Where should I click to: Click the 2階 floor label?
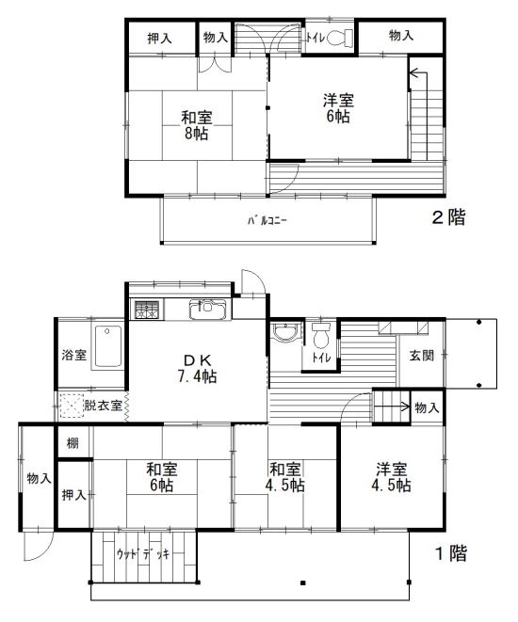(x=448, y=217)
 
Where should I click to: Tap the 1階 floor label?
(x=452, y=553)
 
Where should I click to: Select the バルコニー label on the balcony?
(x=267, y=220)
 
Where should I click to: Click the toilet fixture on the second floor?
(x=341, y=38)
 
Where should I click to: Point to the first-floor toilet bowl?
(x=321, y=336)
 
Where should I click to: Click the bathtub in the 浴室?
(x=107, y=347)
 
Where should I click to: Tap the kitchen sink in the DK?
(x=207, y=310)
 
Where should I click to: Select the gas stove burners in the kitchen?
(x=147, y=310)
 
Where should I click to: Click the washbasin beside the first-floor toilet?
(x=284, y=332)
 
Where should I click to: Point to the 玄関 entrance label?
(x=422, y=356)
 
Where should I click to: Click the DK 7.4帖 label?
(x=197, y=368)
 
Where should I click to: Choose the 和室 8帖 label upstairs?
(x=197, y=125)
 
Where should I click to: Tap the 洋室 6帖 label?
(x=338, y=108)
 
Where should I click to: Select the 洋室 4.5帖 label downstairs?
(x=392, y=477)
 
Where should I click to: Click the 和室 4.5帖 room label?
(x=285, y=477)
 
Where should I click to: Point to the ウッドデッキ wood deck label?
(x=143, y=553)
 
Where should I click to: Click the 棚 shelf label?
(x=73, y=443)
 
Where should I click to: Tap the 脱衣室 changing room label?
(x=103, y=406)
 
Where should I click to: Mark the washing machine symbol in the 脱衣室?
(x=72, y=406)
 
